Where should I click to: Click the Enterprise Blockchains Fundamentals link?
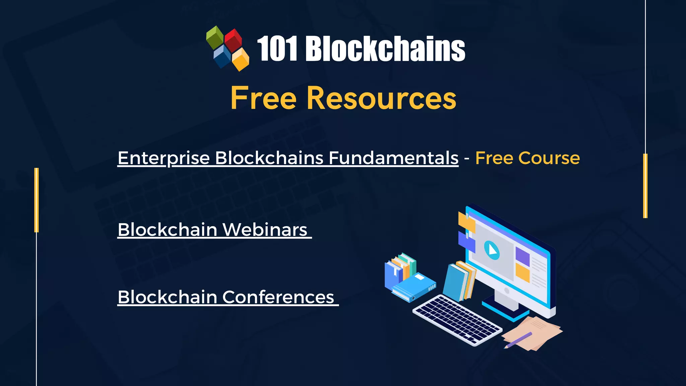click(x=288, y=158)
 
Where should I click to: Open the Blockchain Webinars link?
click(x=213, y=230)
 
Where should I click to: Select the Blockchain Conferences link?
click(x=226, y=297)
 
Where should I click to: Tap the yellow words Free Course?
click(x=528, y=158)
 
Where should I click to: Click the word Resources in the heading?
click(x=382, y=98)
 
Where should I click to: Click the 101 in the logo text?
click(x=277, y=49)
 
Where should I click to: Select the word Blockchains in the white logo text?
click(x=385, y=49)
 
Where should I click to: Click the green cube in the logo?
click(x=215, y=36)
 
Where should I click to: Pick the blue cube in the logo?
click(x=222, y=56)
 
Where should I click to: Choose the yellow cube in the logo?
click(x=241, y=59)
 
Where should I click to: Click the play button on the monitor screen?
click(x=492, y=250)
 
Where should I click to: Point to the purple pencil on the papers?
click(x=518, y=340)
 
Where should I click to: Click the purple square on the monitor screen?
click(x=522, y=256)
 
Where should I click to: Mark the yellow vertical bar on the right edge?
click(x=645, y=186)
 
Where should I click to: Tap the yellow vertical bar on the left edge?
click(x=37, y=200)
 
